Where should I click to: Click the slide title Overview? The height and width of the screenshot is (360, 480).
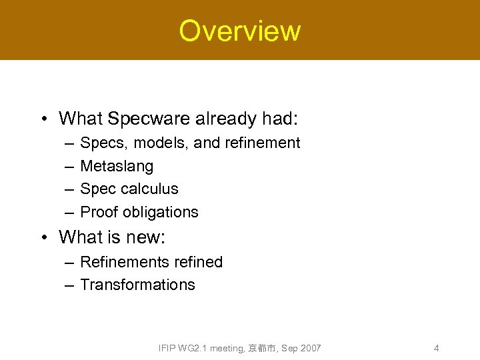(239, 31)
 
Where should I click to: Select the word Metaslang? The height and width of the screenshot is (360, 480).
(116, 166)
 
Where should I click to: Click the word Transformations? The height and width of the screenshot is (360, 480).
(137, 285)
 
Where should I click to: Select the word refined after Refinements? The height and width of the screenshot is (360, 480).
(196, 262)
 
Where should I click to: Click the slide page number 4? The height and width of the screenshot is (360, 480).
(436, 348)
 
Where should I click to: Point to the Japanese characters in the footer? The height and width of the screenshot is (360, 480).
(262, 348)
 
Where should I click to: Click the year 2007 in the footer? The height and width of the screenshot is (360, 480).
(310, 348)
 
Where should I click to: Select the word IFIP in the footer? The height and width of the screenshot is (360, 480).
(168, 348)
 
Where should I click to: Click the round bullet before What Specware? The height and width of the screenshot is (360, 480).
(43, 119)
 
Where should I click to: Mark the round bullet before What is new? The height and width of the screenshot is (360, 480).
(43, 237)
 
